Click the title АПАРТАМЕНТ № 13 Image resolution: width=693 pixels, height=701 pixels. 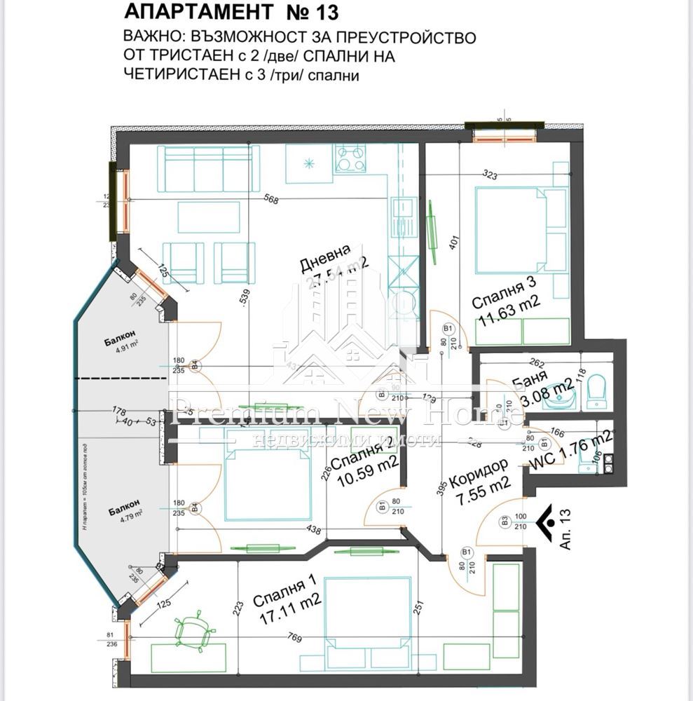[x=231, y=12]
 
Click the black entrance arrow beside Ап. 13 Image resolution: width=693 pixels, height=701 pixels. [x=547, y=521]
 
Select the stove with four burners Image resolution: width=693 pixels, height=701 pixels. [x=350, y=159]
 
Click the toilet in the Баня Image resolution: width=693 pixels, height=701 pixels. [x=596, y=390]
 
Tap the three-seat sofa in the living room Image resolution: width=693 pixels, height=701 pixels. [x=208, y=168]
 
